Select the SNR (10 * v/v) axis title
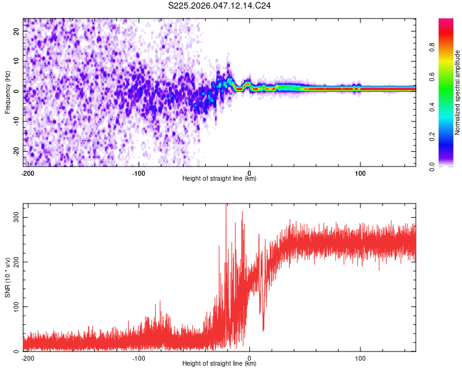click(8, 278)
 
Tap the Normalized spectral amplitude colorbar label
click(458, 92)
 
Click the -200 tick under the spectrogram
click(27, 173)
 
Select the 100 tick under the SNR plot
click(360, 358)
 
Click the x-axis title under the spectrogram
click(219, 179)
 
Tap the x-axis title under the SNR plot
click(219, 364)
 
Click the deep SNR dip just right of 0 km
click(263, 329)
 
